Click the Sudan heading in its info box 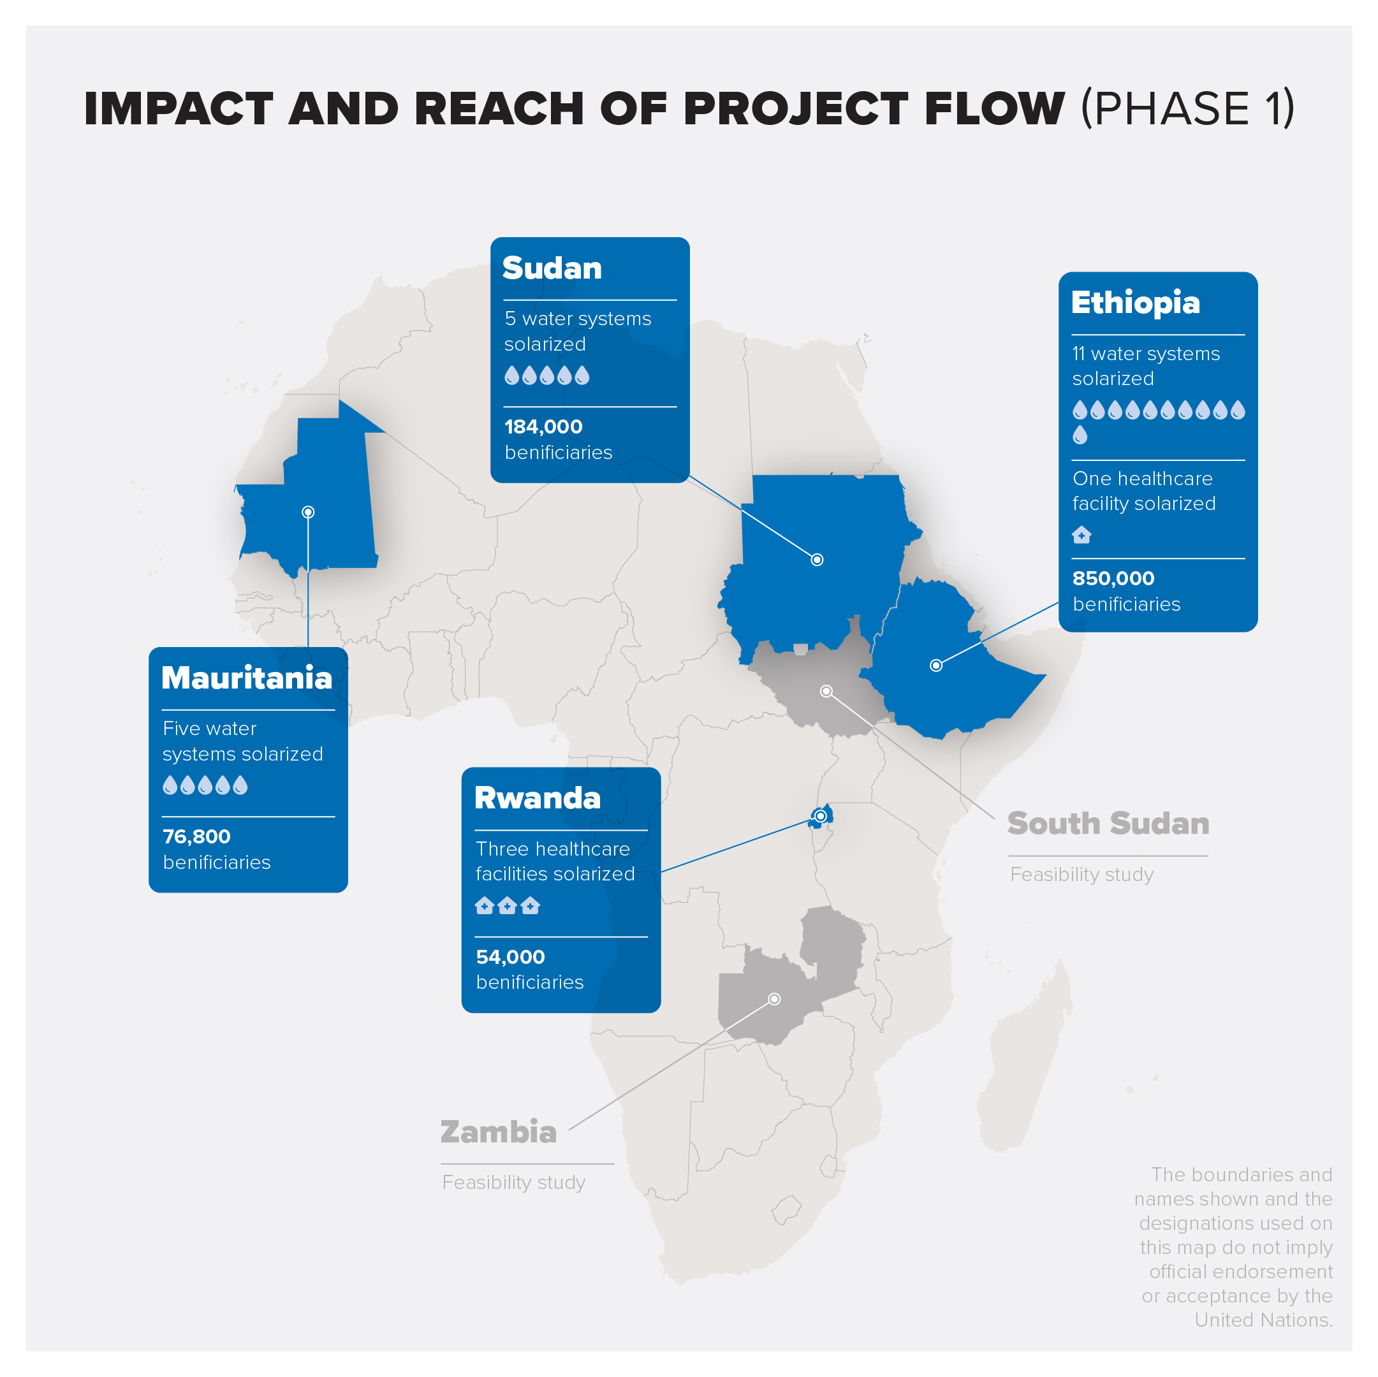tap(552, 268)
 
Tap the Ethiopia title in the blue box tap(1136, 303)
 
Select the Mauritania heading tap(247, 678)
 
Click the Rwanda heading tap(537, 798)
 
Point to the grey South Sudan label tap(1108, 823)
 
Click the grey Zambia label tap(499, 1132)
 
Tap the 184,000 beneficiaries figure tap(543, 426)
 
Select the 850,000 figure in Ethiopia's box tap(1113, 578)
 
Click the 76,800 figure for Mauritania tap(197, 836)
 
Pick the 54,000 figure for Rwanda tap(510, 957)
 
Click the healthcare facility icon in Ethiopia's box tap(1081, 534)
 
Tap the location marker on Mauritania tap(308, 512)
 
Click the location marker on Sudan tap(817, 560)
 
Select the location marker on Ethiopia tap(937, 666)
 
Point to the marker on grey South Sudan tap(826, 691)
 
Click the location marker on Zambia tap(775, 999)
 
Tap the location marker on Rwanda tap(821, 816)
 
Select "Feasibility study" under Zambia tap(513, 1183)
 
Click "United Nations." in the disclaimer tap(1263, 1320)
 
